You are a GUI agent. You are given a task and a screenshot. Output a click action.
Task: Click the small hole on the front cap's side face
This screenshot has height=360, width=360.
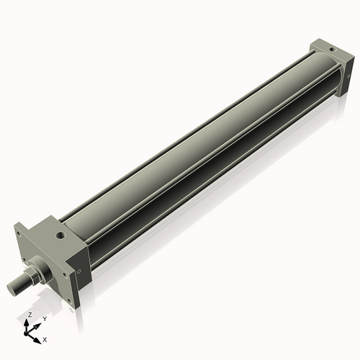click(x=78, y=271)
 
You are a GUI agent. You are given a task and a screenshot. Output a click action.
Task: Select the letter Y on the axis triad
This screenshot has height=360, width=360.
click(x=44, y=318)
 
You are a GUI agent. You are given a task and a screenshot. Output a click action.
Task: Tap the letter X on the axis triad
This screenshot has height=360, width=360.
click(x=45, y=338)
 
